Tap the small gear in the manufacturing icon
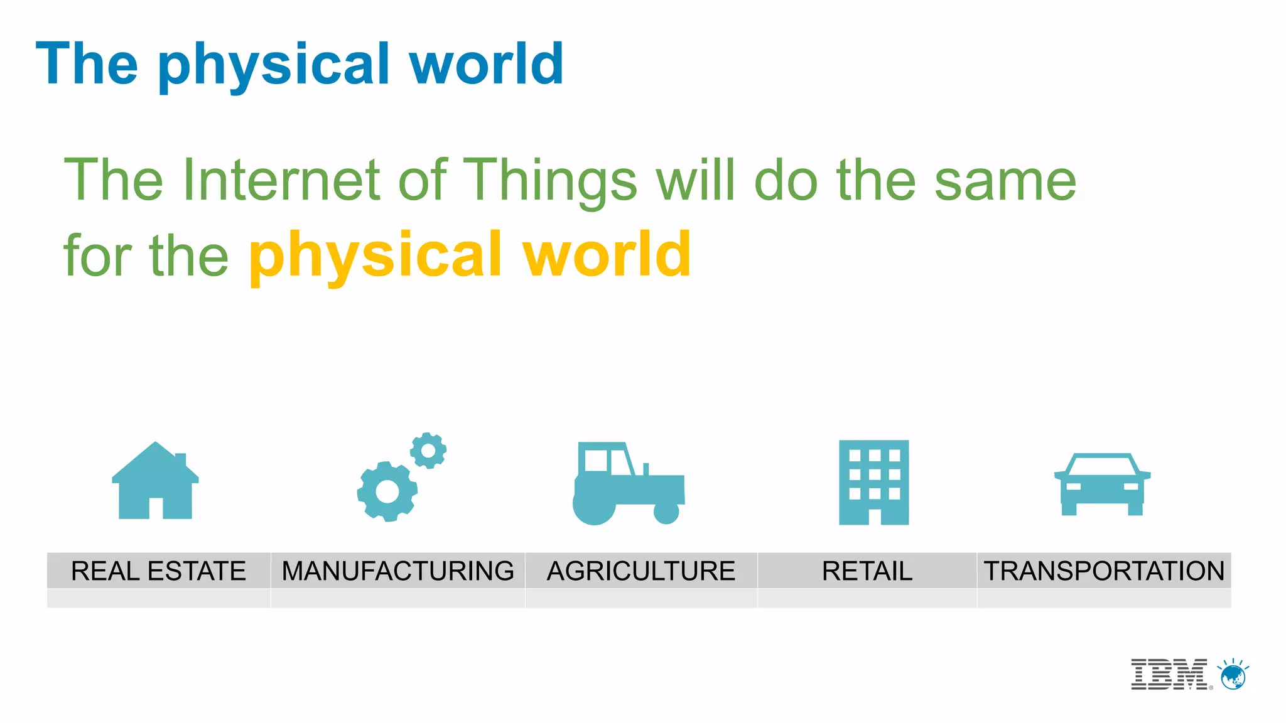[428, 450]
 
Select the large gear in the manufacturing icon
[387, 491]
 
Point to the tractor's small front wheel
[666, 511]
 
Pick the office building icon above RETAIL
[873, 482]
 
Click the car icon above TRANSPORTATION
[1102, 485]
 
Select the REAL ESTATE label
[158, 571]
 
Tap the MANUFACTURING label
[397, 571]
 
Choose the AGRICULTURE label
[640, 571]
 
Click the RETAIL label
[867, 571]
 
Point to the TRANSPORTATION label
[1104, 571]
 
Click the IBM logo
[1169, 675]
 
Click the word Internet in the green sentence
[281, 180]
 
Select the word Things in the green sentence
[550, 181]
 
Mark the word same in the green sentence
[1005, 181]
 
